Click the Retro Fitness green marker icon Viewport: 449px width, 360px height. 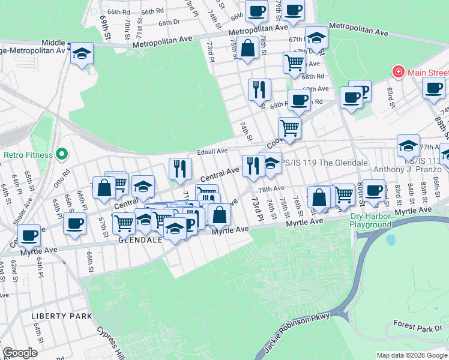[x=61, y=155]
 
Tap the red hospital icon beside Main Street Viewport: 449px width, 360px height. [x=397, y=73]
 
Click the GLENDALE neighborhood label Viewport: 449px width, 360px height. [x=140, y=239]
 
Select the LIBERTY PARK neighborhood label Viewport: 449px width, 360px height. [x=62, y=316]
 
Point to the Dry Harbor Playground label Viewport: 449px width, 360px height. [x=371, y=221]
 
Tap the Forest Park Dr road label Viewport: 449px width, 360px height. [x=418, y=325]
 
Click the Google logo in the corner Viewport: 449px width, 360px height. [x=20, y=353]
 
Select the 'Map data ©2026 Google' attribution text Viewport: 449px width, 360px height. [x=411, y=355]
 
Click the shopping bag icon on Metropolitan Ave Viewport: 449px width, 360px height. [x=247, y=49]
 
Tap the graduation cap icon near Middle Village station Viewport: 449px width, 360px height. [x=82, y=53]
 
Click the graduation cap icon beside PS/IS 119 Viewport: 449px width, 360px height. [x=271, y=163]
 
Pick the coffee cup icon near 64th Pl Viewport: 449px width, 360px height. [x=29, y=235]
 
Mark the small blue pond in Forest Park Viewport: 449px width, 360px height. [x=391, y=241]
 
